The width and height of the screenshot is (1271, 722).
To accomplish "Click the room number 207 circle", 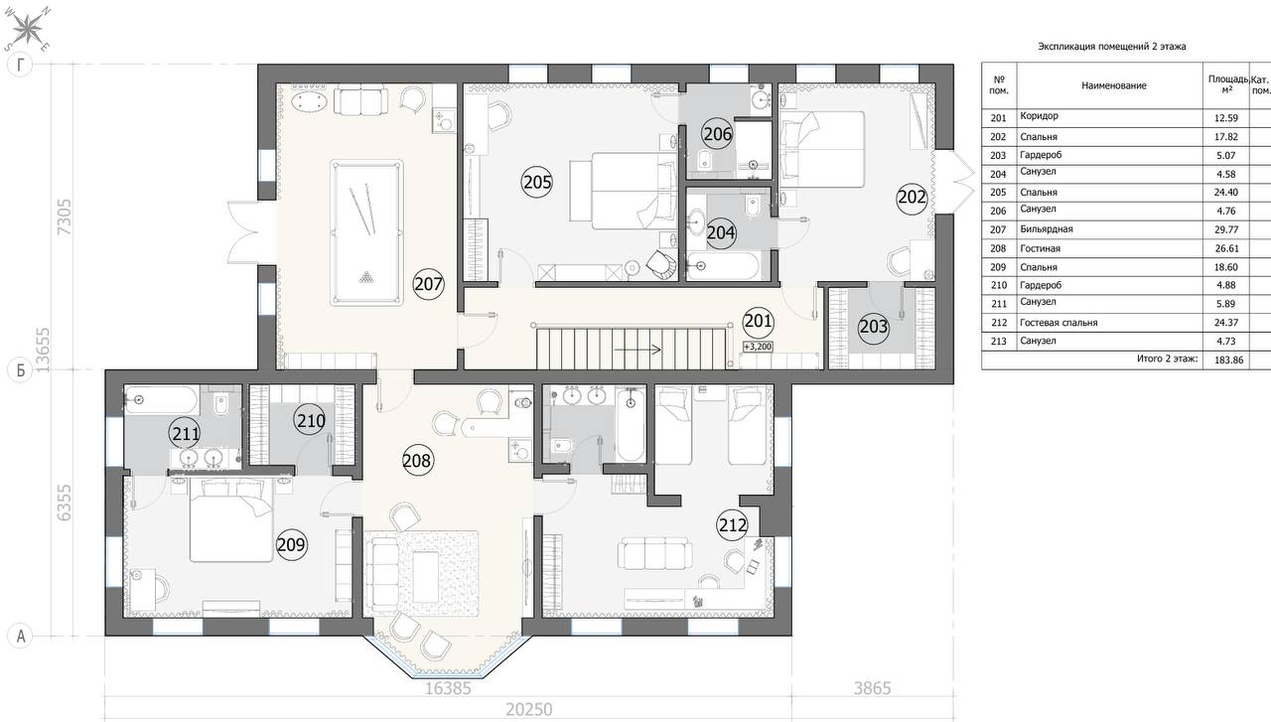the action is pyautogui.click(x=428, y=284).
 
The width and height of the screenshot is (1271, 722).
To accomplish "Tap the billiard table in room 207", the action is pyautogui.click(x=366, y=232).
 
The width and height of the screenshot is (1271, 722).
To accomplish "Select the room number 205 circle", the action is pyautogui.click(x=537, y=182).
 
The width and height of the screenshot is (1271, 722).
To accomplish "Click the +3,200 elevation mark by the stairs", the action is pyautogui.click(x=758, y=347).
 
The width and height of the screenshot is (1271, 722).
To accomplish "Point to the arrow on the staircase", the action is pyautogui.click(x=637, y=349).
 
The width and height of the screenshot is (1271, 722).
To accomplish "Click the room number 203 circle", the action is pyautogui.click(x=873, y=327).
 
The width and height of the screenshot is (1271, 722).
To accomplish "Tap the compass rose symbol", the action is pyautogui.click(x=28, y=29).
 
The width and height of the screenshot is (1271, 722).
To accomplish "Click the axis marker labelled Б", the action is pyautogui.click(x=20, y=370).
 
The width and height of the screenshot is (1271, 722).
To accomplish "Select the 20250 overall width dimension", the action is pyautogui.click(x=529, y=709).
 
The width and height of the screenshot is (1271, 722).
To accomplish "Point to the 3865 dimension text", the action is pyautogui.click(x=873, y=688).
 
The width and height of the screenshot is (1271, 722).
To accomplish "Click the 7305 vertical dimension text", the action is pyautogui.click(x=65, y=217).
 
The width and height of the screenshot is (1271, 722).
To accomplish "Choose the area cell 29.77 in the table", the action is pyautogui.click(x=1225, y=229).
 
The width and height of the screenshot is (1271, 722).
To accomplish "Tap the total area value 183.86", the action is pyautogui.click(x=1229, y=360).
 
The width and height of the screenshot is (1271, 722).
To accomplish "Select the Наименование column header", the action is pyautogui.click(x=1114, y=85).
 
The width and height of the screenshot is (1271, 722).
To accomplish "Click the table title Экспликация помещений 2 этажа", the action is pyautogui.click(x=1112, y=47).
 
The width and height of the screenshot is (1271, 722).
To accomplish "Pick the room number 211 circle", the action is pyautogui.click(x=185, y=434).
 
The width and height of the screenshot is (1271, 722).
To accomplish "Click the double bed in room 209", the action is pyautogui.click(x=231, y=519).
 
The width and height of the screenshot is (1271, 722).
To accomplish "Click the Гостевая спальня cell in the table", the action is pyautogui.click(x=1059, y=323).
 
